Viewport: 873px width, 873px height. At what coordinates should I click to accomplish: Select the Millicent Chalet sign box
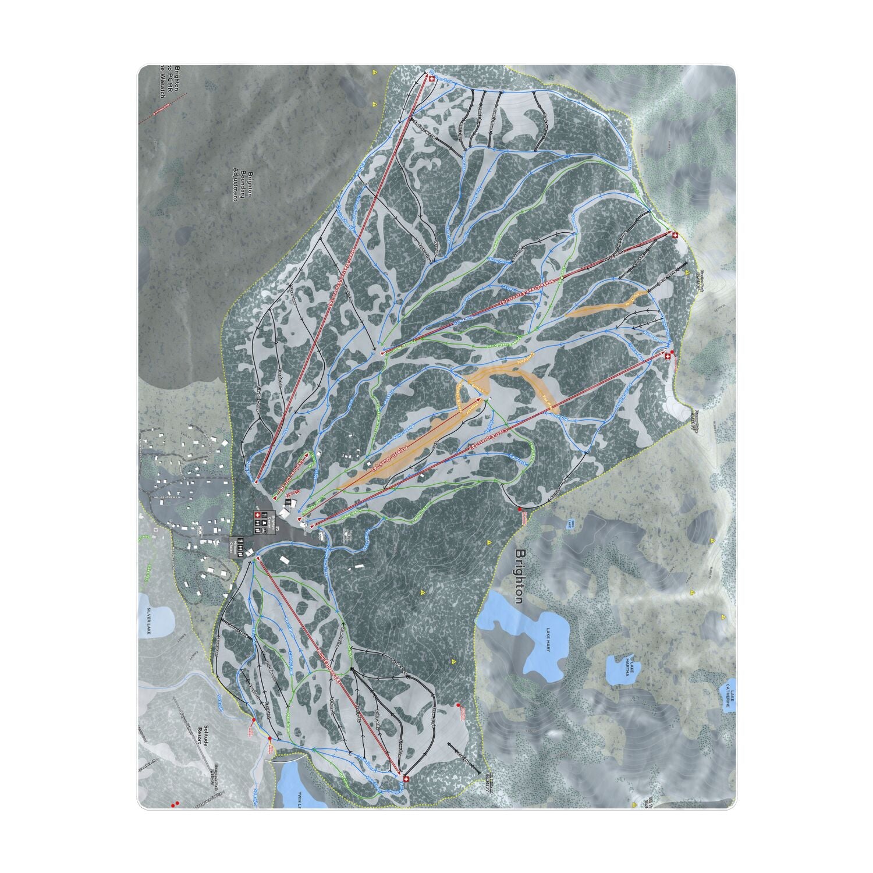[x=237, y=546]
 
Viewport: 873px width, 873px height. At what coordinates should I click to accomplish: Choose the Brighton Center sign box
[x=264, y=523]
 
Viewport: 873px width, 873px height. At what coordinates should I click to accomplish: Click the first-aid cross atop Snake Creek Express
[x=675, y=235]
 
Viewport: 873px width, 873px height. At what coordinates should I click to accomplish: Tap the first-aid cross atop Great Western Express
[x=431, y=77]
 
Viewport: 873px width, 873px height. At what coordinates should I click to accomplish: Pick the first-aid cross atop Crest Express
[x=668, y=356]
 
